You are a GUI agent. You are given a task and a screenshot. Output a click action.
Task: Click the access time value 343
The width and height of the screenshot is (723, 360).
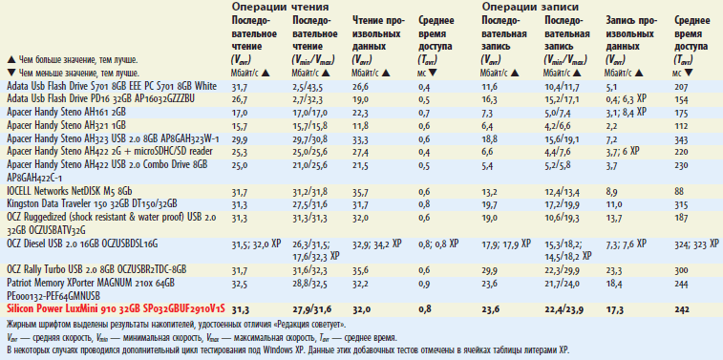point(680,138)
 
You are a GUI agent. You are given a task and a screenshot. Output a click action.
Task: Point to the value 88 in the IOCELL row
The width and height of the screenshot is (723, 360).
point(678,191)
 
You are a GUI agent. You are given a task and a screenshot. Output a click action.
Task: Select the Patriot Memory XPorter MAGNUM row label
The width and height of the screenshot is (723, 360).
point(91,284)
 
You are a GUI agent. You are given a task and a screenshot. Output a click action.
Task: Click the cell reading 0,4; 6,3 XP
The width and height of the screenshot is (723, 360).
point(627,98)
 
